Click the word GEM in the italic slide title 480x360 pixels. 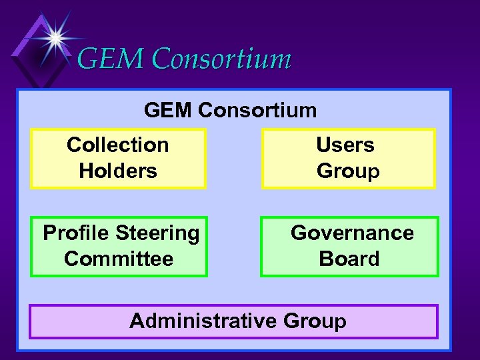coord(110,59)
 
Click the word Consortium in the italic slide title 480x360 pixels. coord(221,59)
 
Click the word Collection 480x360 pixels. coord(118,145)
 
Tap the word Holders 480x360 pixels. coord(118,171)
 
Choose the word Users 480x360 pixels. coord(345,145)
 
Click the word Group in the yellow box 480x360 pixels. coord(348,171)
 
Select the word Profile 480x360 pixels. coord(76,233)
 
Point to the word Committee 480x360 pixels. coord(119,259)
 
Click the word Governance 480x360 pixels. coord(352,233)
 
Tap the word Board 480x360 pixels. coord(349,259)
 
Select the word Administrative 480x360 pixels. coord(203,321)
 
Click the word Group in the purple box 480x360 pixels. coord(315,321)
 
